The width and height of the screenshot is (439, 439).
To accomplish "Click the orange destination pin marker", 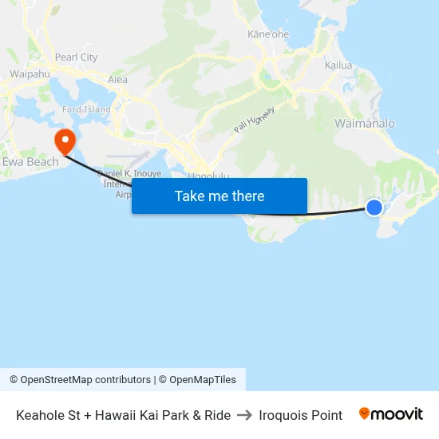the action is pos(64,143).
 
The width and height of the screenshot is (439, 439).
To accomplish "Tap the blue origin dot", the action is pos(374,208).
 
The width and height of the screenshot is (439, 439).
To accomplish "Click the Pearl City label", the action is pos(76,57).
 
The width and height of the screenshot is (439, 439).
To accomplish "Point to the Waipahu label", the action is pos(30,73).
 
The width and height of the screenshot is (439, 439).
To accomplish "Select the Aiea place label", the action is pos(118,80).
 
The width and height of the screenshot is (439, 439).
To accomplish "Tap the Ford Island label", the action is pos(86,109).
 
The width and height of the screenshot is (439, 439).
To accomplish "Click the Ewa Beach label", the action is pos(31,162).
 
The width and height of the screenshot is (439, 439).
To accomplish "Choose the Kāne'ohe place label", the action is pos(267,34).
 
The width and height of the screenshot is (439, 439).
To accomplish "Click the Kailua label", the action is pos(339,65).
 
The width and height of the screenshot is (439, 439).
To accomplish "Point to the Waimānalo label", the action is pos(365,124).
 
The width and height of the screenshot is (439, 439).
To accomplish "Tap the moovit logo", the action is pos(391,414).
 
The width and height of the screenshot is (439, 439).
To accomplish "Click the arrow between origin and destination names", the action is pos(244,415).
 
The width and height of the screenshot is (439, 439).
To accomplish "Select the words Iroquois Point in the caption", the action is pos(300,415).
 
